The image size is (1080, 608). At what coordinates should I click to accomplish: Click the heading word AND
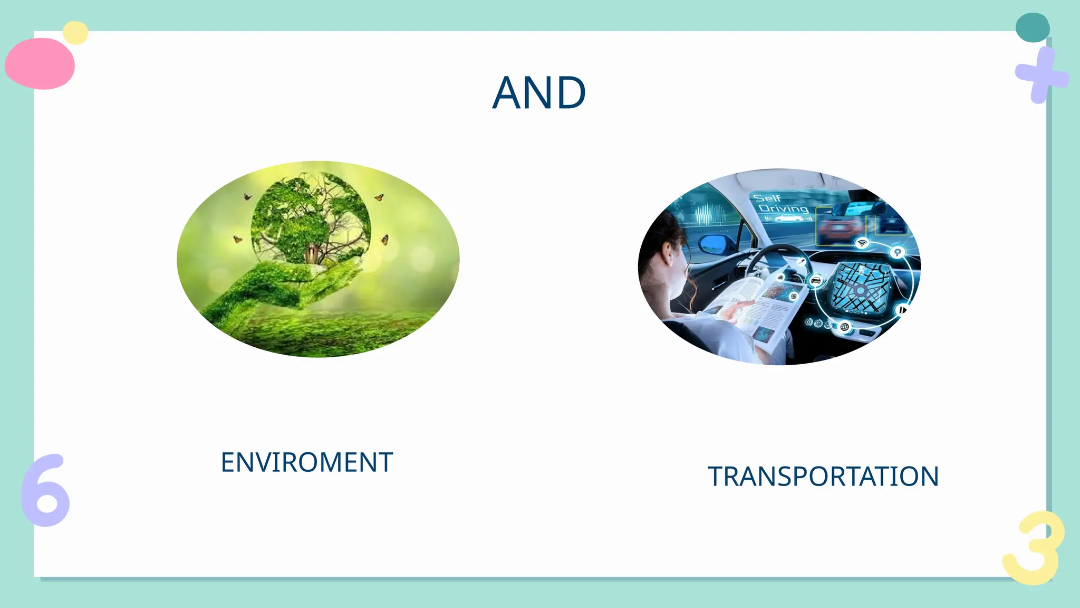pos(539,93)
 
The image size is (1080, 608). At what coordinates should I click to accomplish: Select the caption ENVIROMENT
pos(306,462)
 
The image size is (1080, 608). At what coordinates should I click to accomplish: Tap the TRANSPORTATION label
pos(823,476)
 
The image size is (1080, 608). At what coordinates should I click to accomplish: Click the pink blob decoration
pos(40,63)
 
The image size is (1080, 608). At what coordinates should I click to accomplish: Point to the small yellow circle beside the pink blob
pos(75,33)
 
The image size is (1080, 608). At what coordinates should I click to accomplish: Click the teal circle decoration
pos(1032,27)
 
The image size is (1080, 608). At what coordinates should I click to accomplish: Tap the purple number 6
pos(45,491)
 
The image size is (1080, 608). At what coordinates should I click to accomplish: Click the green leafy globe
pos(311,219)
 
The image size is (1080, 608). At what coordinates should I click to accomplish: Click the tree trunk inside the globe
pos(312,254)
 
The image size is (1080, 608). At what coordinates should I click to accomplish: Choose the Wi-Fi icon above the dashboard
pos(862,243)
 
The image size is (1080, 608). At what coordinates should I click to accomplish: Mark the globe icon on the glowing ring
pos(844,327)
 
